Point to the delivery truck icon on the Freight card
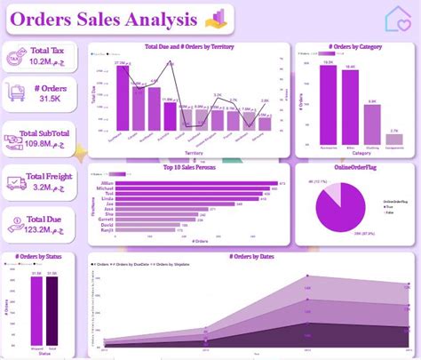[16, 183]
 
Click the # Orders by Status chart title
[38, 257]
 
